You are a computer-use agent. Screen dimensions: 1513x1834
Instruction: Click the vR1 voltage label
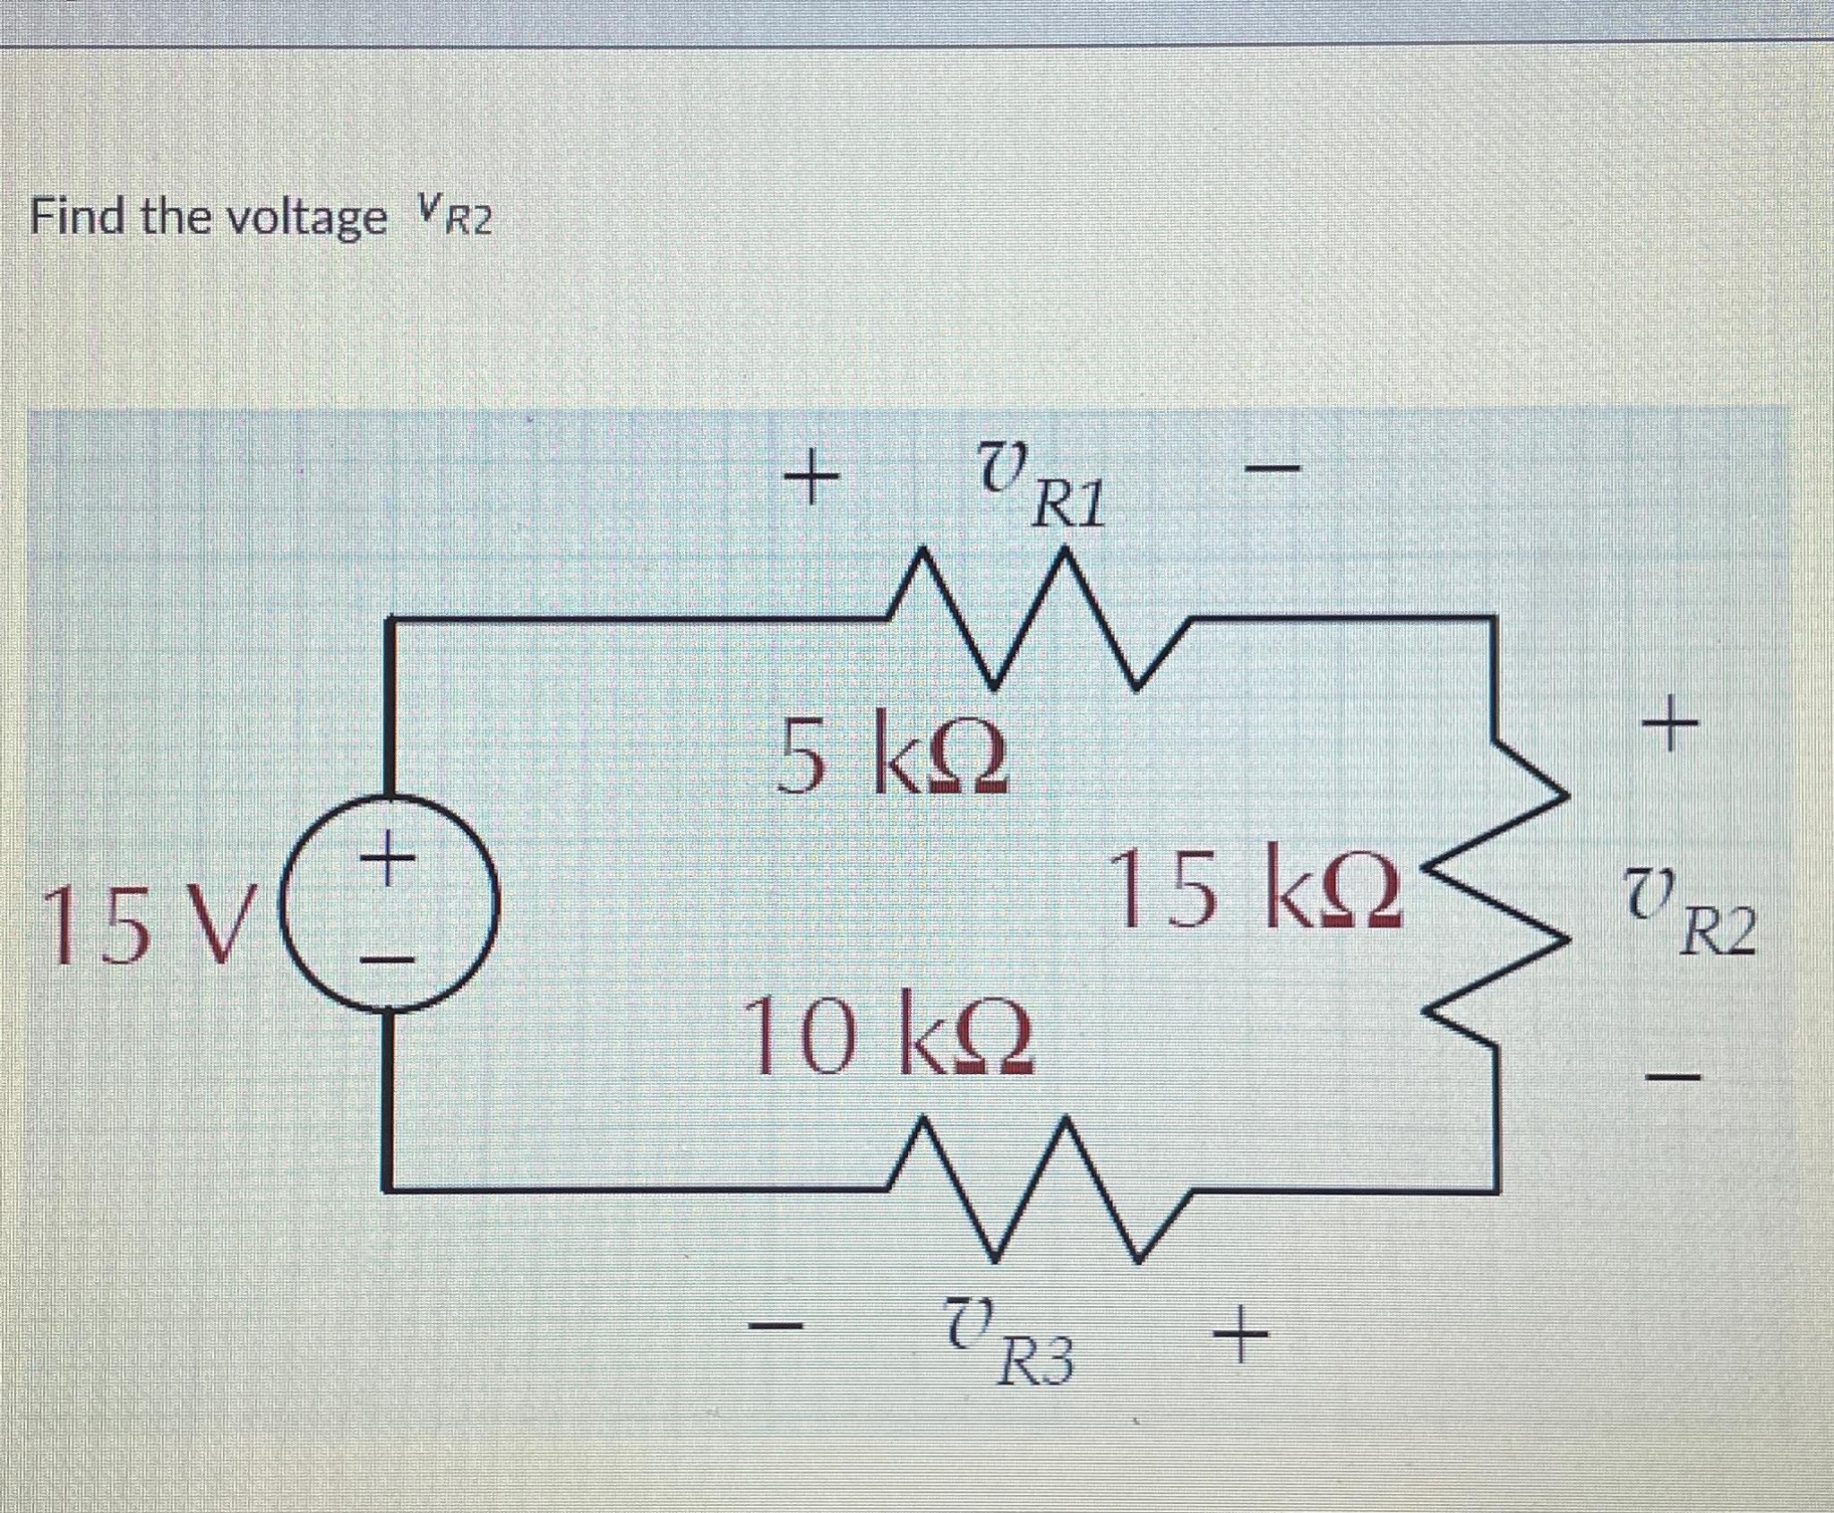pyautogui.click(x=1039, y=489)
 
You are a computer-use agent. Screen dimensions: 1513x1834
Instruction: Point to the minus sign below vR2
pyautogui.click(x=1667, y=1074)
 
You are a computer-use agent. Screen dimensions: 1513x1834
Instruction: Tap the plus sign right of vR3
pyautogui.click(x=1241, y=1331)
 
